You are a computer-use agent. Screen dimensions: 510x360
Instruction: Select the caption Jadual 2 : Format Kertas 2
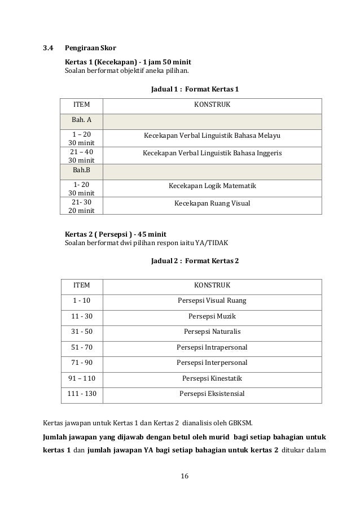[195, 261]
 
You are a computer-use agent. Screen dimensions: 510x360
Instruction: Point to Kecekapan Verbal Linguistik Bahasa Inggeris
[212, 153]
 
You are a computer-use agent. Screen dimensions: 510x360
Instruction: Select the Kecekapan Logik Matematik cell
[212, 186]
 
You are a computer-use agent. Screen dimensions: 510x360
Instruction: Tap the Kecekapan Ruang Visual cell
[212, 203]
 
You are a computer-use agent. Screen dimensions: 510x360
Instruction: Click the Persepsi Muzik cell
[212, 316]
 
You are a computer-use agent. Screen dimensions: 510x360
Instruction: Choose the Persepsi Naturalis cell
[212, 331]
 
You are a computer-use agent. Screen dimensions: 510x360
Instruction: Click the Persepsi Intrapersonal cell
[212, 347]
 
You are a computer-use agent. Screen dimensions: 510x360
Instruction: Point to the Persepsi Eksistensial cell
[212, 393]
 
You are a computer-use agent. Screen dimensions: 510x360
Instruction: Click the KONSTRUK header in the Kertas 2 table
[212, 285]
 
